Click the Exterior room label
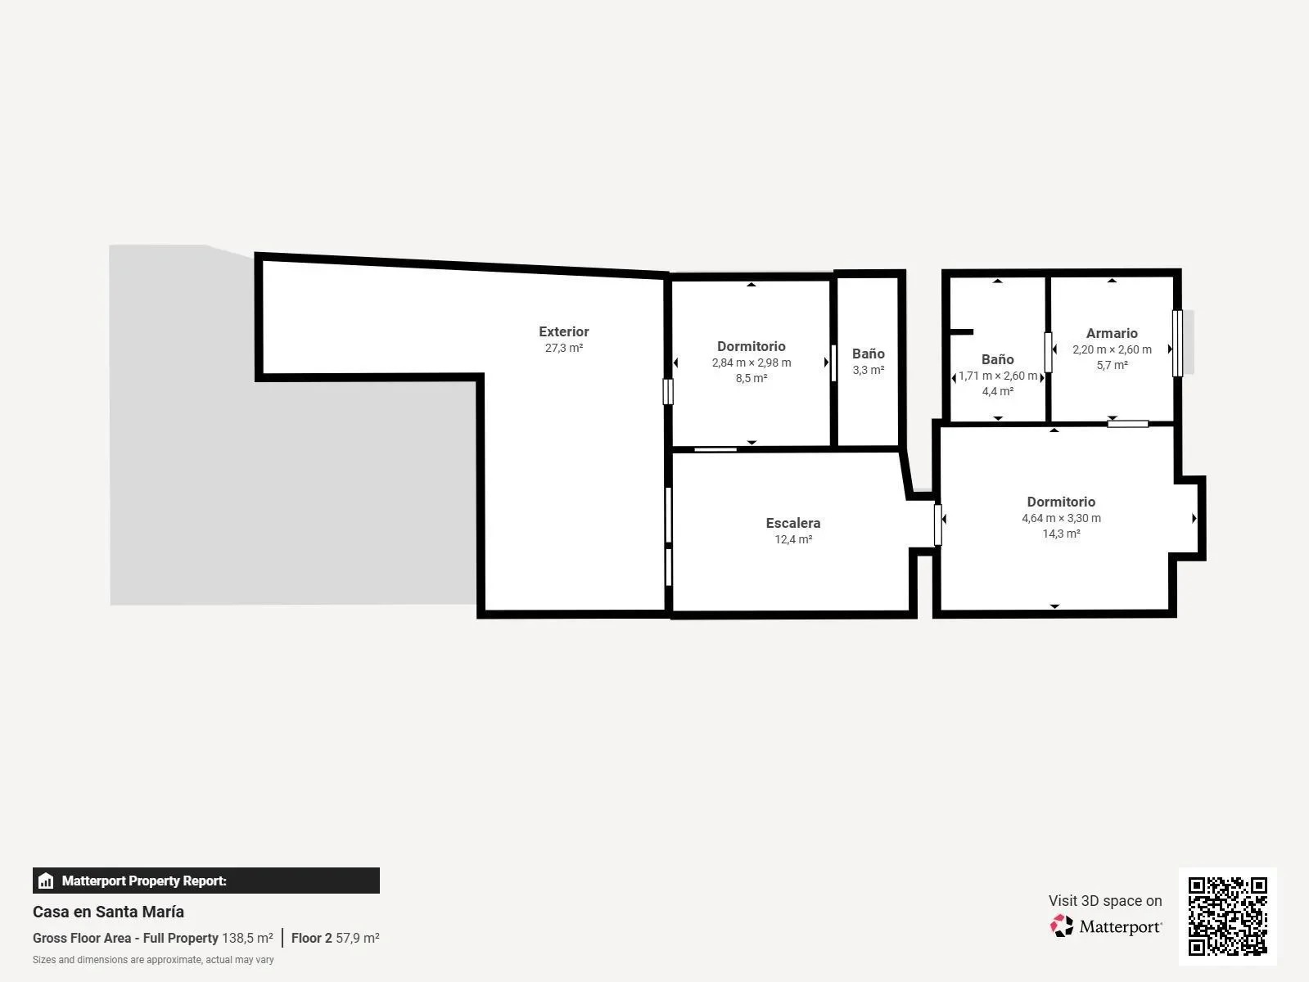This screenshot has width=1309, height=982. point(563,332)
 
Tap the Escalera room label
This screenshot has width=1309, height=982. point(793,523)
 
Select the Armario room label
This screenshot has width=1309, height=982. point(1112,334)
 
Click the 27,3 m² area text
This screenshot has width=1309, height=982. point(563,348)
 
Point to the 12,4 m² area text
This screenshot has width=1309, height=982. point(793,539)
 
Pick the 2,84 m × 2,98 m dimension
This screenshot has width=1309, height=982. point(752,363)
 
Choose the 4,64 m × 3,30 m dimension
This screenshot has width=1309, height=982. point(1061,518)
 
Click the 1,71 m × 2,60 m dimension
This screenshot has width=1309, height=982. point(998,376)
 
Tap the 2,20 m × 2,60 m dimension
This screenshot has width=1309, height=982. point(1112,349)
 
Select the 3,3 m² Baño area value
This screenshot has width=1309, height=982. point(869,370)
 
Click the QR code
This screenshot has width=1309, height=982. point(1227,917)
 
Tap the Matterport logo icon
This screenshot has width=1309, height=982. point(1062,926)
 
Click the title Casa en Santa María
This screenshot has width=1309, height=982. point(109,912)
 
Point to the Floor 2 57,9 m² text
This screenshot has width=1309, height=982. point(335,938)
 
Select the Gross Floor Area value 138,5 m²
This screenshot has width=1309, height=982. point(247,938)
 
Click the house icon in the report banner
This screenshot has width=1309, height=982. point(46,881)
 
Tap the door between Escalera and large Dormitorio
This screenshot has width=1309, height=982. point(937,525)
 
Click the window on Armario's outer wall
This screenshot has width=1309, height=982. point(1177,343)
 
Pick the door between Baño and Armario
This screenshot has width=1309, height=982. point(1048,352)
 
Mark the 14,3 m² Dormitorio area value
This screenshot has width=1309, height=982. point(1061,534)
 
